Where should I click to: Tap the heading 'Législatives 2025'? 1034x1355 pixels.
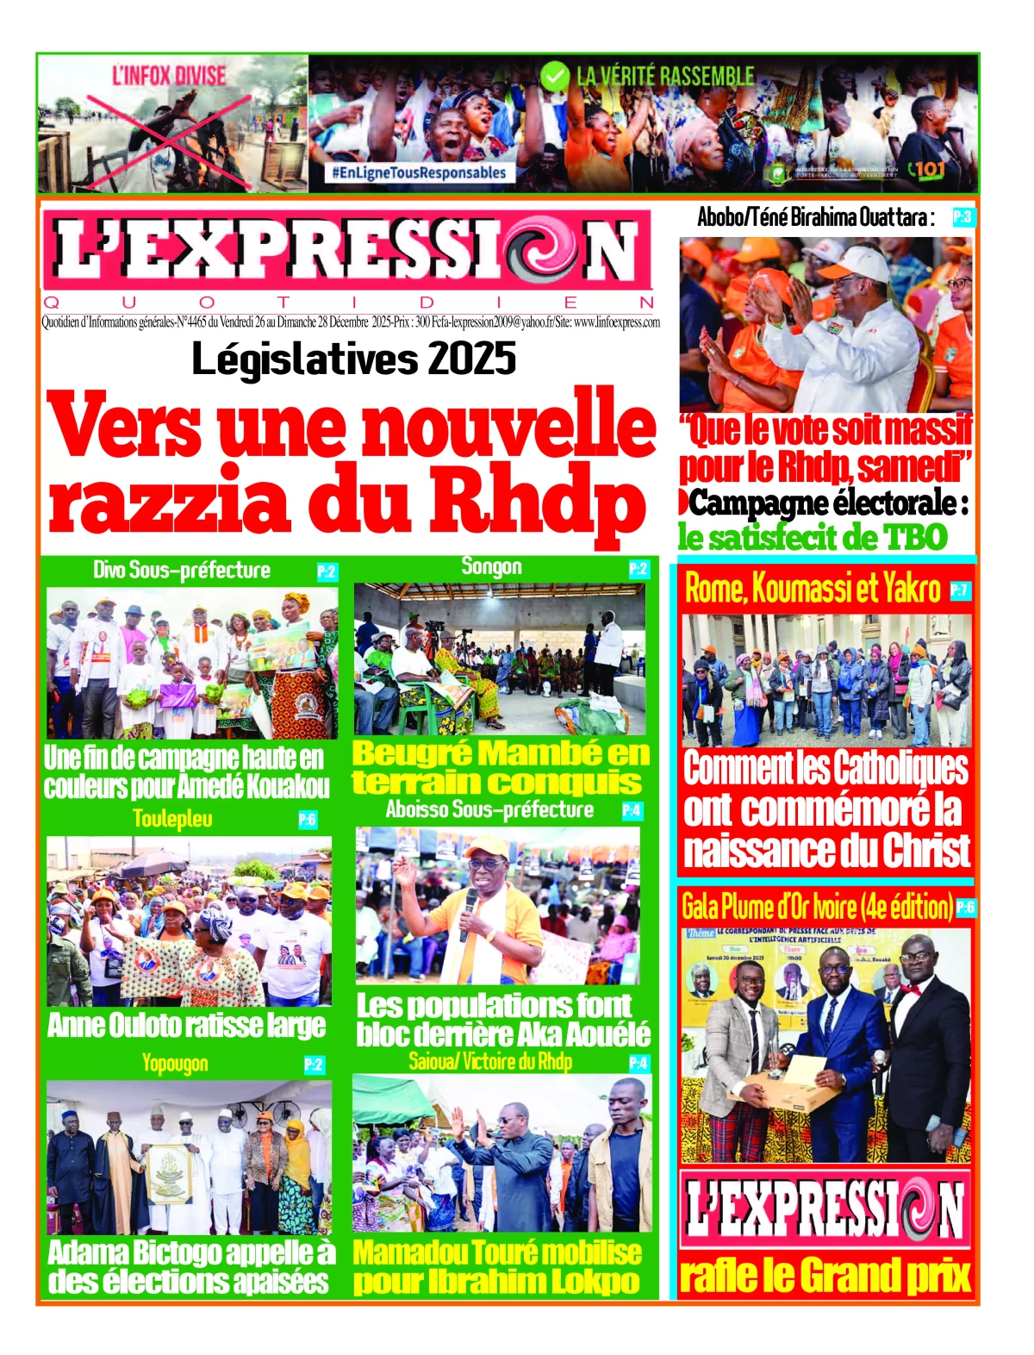pos(353,359)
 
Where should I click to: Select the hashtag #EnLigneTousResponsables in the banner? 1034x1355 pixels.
pos(419,172)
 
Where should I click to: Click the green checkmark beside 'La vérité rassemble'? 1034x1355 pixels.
pos(555,78)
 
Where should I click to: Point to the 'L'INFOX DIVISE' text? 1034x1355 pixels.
pos(168,76)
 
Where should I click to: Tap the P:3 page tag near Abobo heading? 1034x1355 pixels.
pos(962,217)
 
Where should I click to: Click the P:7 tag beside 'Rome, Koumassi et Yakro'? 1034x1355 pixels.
pos(960,590)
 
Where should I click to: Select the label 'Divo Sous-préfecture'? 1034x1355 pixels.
pos(182,570)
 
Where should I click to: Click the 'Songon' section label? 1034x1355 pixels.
pos(491,566)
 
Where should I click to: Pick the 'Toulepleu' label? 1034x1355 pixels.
pos(172,819)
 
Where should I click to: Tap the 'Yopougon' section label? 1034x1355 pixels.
pos(175,1064)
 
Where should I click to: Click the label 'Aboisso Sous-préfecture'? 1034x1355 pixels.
pos(489,809)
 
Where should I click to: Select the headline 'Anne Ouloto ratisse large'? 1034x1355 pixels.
pos(187,1026)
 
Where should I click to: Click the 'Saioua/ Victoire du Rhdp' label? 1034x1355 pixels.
pos(490,1061)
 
